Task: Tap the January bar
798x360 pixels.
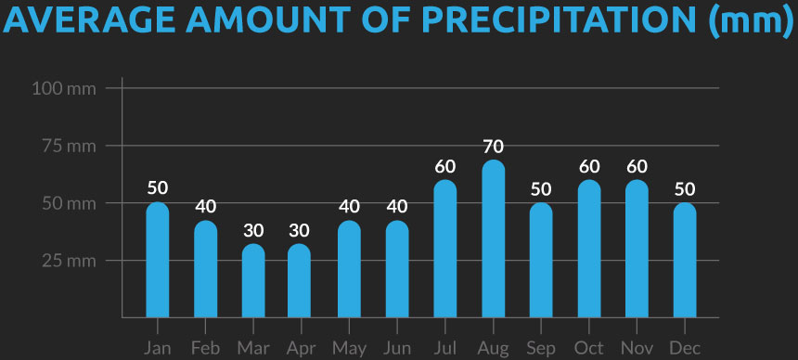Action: pyautogui.click(x=158, y=260)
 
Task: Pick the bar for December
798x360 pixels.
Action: pyautogui.click(x=685, y=260)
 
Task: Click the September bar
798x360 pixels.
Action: pyautogui.click(x=541, y=260)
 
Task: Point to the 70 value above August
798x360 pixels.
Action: pyautogui.click(x=494, y=146)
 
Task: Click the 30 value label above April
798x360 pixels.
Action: pyautogui.click(x=301, y=229)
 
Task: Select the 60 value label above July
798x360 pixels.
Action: pyautogui.click(x=445, y=167)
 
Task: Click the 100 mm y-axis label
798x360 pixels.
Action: pyautogui.click(x=63, y=89)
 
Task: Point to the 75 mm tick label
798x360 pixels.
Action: pyautogui.click(x=70, y=146)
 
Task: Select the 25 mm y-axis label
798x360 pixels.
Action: pyautogui.click(x=70, y=261)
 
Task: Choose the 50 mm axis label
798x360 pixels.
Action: pyautogui.click(x=70, y=203)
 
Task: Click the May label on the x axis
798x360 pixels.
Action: pyautogui.click(x=349, y=348)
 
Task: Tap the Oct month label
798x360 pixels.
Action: pyautogui.click(x=589, y=348)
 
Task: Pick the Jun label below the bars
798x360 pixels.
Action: pyautogui.click(x=397, y=348)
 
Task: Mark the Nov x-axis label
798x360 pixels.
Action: pyautogui.click(x=637, y=348)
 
